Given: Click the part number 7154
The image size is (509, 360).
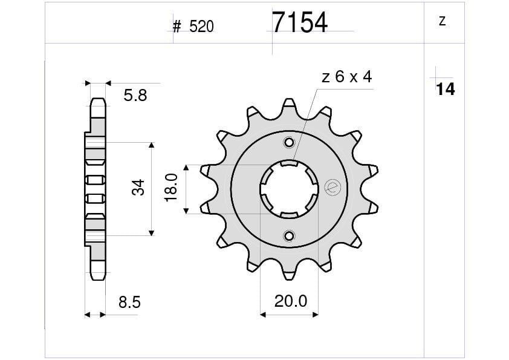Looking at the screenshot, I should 299,23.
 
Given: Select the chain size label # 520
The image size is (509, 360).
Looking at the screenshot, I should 193,27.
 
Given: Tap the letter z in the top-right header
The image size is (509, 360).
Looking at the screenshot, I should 442,22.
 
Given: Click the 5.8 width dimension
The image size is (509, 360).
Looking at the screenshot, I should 135,96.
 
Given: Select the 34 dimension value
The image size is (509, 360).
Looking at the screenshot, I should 139,188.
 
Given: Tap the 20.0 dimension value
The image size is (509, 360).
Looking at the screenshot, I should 291,301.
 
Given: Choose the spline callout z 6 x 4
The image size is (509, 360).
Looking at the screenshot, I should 346,77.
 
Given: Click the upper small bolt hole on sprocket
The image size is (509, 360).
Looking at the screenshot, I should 289,143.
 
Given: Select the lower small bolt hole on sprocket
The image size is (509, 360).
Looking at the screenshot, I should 289,235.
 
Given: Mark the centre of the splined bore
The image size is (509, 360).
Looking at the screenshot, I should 289,189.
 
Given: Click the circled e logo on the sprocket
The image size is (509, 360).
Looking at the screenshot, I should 331,188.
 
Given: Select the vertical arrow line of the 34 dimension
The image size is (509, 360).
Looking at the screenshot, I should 152,189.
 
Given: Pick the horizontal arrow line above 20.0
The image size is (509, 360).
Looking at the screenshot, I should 289,315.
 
